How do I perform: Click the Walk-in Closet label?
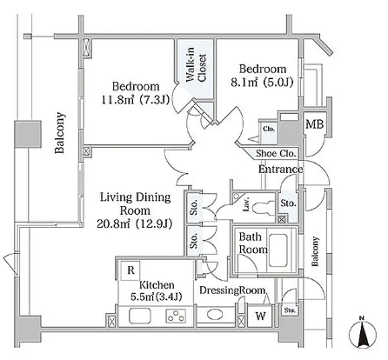pyautogui.click(x=197, y=67)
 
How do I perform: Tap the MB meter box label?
pyautogui.click(x=315, y=124)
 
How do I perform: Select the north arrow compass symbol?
pyautogui.click(x=362, y=332)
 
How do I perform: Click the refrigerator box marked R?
pyautogui.click(x=130, y=270)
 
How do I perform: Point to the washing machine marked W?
pyautogui.click(x=261, y=316)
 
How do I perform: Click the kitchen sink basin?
pyautogui.click(x=140, y=316)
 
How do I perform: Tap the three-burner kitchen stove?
pyautogui.click(x=176, y=316)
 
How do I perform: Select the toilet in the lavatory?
pyautogui.click(x=264, y=207)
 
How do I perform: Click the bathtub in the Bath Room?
pyautogui.click(x=278, y=250)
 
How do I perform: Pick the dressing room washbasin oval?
pyautogui.click(x=215, y=315)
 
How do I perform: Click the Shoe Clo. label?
pyautogui.click(x=276, y=153)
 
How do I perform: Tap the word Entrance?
pyautogui.click(x=280, y=170)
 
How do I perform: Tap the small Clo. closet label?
pyautogui.click(x=269, y=129)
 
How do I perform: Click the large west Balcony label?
pyautogui.click(x=60, y=133)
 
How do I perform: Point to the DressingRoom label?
pyautogui.click(x=232, y=290)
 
